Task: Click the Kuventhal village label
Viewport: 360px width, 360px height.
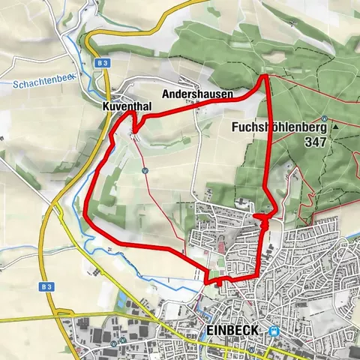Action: [127, 107]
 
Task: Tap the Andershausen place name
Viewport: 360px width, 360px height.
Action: [197, 95]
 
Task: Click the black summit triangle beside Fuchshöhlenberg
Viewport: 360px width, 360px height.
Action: [335, 127]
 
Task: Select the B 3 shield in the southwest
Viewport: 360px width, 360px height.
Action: [49, 287]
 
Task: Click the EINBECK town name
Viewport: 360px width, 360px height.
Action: [232, 331]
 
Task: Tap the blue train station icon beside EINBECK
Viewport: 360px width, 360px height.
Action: [274, 331]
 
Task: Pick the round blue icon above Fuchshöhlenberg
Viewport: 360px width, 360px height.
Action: [322, 118]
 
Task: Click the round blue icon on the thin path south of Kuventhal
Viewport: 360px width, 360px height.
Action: [145, 169]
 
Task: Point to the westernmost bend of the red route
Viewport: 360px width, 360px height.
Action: [86, 218]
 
